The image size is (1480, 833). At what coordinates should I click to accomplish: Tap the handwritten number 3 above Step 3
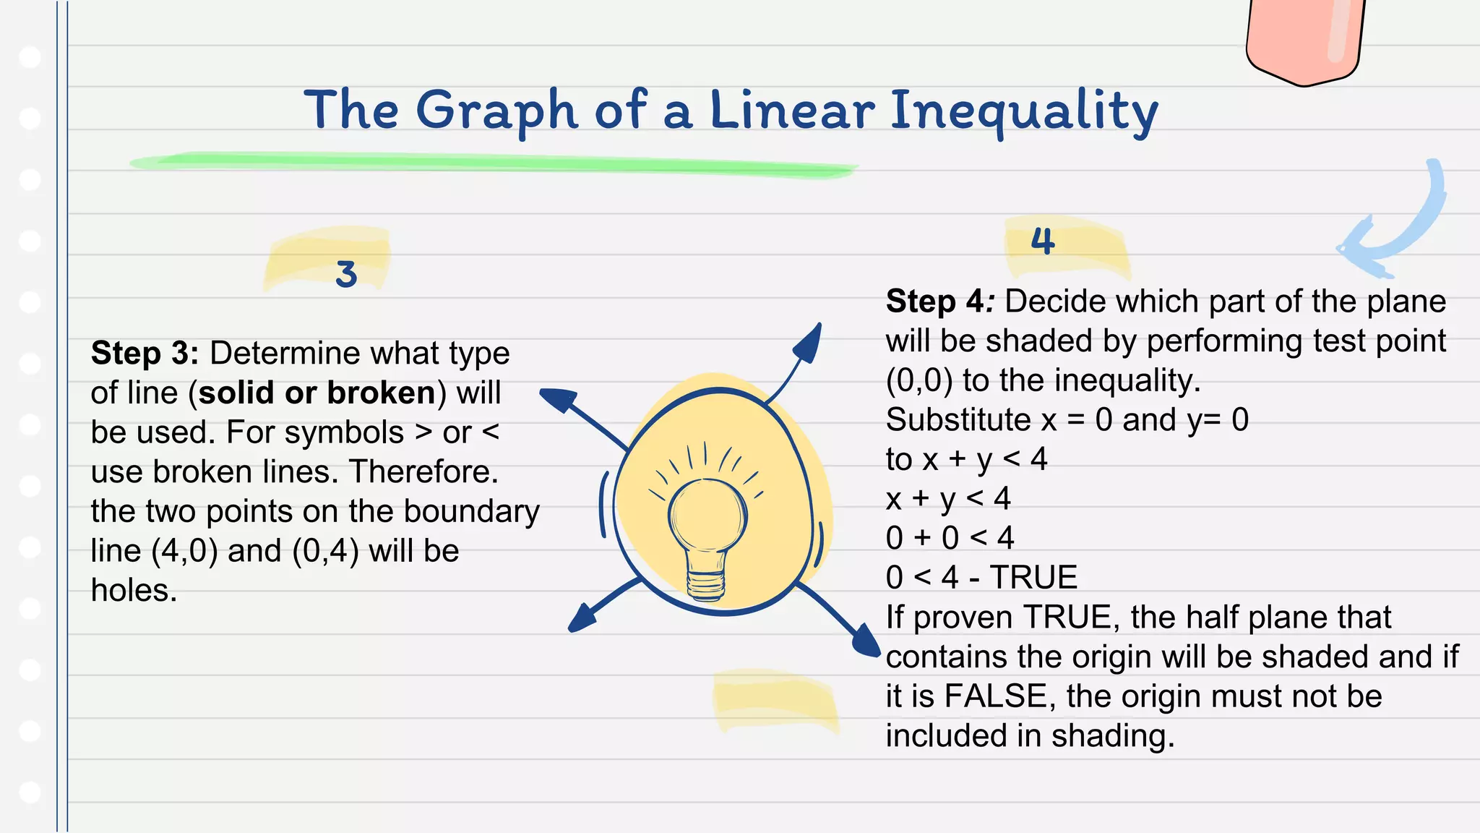click(x=346, y=274)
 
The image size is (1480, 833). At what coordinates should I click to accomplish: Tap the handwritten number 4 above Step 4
click(x=1042, y=241)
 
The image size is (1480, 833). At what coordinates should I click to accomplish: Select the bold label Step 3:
click(x=145, y=354)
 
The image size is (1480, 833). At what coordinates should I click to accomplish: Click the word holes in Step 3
click(x=134, y=591)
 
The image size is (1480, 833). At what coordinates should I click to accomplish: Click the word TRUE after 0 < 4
click(x=1033, y=578)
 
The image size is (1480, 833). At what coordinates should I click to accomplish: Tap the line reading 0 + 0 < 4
click(x=950, y=538)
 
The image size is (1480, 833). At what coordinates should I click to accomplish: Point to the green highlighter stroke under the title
click(x=491, y=162)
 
